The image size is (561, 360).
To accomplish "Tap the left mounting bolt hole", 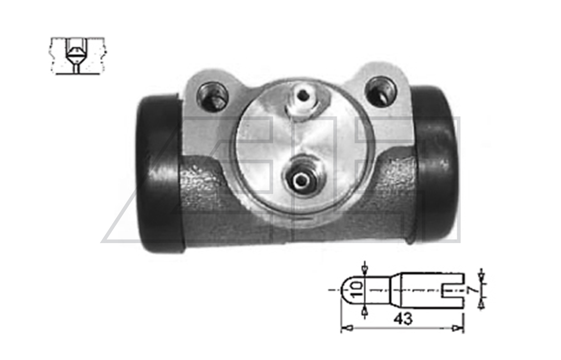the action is pyautogui.click(x=212, y=95).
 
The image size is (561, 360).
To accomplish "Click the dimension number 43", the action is pyautogui.click(x=403, y=318).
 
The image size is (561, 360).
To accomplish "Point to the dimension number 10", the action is pyautogui.click(x=356, y=290).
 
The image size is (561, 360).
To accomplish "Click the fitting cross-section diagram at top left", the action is pyautogui.click(x=77, y=56).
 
